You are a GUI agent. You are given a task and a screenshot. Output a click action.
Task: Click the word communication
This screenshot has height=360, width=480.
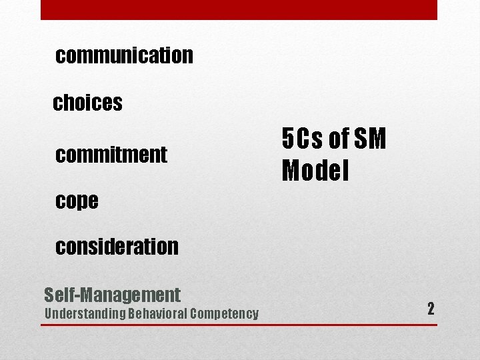click(x=125, y=55)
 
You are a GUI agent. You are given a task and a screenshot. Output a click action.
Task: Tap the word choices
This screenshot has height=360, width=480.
click(x=87, y=103)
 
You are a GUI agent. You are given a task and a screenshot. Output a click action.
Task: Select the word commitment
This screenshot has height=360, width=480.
click(x=111, y=155)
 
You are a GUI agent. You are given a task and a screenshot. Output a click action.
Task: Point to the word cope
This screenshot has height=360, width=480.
click(x=77, y=201)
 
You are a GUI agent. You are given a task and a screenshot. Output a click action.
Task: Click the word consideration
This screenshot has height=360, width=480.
click(x=117, y=247)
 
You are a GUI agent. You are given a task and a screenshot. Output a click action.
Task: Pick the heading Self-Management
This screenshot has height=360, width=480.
click(x=112, y=294)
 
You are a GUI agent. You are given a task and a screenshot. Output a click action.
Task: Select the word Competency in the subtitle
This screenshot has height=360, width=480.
click(x=225, y=314)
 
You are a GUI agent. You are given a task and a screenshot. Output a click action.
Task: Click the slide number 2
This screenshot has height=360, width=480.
click(x=431, y=309)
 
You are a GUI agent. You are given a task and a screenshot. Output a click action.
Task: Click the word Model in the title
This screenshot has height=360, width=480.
click(x=315, y=171)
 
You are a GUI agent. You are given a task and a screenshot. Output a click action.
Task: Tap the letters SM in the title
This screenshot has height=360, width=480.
click(x=370, y=139)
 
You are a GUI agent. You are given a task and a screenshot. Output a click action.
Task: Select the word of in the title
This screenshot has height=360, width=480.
click(x=339, y=139)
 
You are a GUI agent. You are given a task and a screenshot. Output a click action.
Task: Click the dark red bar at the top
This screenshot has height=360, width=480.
click(x=239, y=9)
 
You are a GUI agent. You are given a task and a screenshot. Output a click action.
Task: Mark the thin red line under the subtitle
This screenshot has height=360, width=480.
click(x=239, y=325)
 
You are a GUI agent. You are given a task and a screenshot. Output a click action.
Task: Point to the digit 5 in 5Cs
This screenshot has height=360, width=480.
click(x=287, y=139)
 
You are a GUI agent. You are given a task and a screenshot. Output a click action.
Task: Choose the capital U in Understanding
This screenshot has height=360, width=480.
click(x=48, y=314)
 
